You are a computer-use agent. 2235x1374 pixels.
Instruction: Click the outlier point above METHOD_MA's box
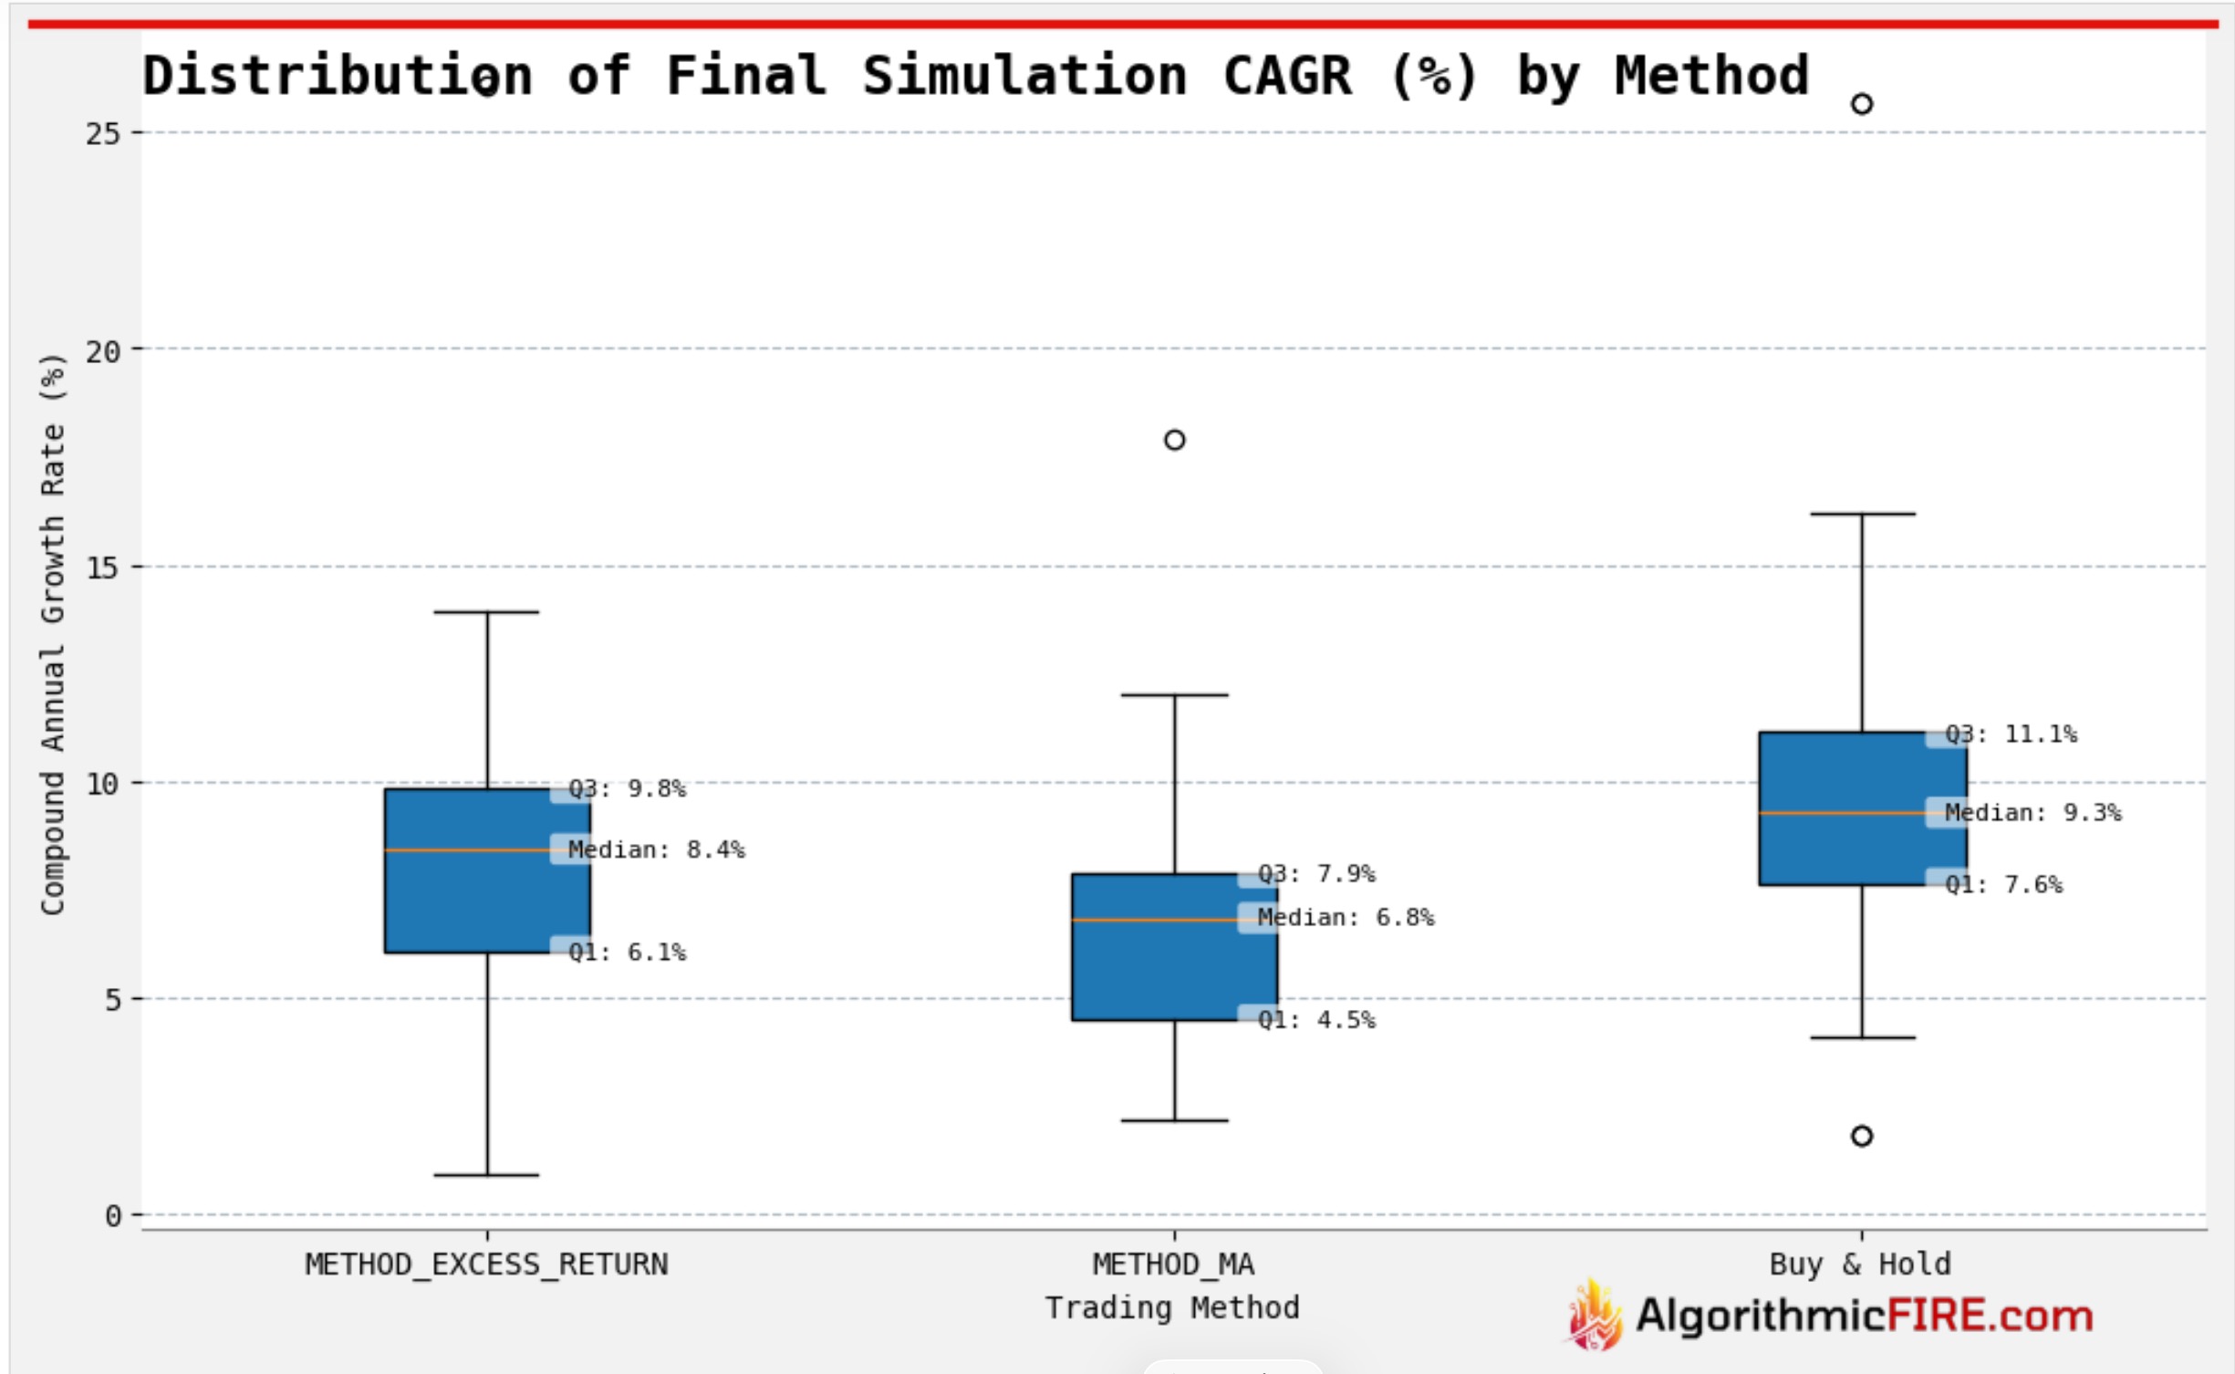click(1174, 440)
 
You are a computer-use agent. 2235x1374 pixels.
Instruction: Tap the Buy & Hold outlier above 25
click(1861, 104)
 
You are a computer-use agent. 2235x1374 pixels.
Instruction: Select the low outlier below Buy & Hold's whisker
click(1861, 1136)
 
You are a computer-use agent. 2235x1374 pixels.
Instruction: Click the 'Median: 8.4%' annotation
click(655, 849)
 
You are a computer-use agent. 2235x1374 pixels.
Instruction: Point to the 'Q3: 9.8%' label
click(626, 788)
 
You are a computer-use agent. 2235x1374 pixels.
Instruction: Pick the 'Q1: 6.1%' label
click(626, 952)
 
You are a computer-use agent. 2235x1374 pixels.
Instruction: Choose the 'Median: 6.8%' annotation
click(1345, 917)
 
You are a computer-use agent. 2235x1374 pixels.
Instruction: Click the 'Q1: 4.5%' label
click(1315, 1020)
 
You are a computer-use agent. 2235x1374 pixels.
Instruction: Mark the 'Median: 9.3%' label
click(2032, 813)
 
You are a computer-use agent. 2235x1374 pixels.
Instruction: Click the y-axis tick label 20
click(102, 351)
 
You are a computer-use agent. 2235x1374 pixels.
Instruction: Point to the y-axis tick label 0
click(112, 1216)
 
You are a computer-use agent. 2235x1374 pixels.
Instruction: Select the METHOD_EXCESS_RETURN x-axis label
click(486, 1265)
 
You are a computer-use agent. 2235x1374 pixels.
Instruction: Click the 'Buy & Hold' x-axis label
click(1859, 1265)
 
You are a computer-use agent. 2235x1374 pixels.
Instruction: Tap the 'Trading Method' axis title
click(1172, 1308)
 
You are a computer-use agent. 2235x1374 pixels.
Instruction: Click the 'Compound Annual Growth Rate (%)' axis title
click(52, 634)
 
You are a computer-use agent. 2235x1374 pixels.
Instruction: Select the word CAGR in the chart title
click(1286, 75)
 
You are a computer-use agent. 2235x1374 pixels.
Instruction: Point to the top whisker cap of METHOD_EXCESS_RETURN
click(486, 612)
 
